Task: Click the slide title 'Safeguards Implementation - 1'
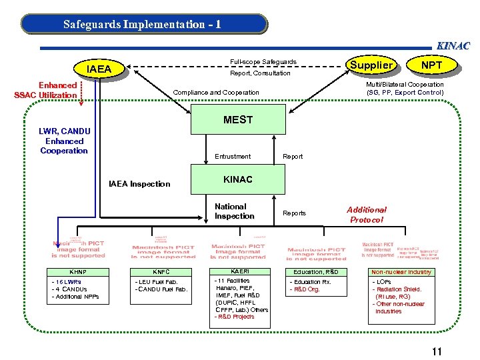coord(143,25)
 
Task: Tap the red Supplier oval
coord(371,65)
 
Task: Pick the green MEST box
coord(238,120)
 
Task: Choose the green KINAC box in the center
coord(238,180)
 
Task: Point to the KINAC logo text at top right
coord(453,46)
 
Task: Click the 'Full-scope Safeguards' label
coord(263,62)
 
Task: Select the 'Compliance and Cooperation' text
coord(216,92)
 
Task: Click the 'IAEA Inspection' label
coord(140,184)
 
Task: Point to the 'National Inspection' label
coord(234,211)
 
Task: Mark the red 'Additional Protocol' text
coord(366,215)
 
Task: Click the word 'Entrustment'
coord(233,157)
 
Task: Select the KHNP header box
coord(78,272)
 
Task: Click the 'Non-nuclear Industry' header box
coord(401,272)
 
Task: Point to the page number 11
coord(437,352)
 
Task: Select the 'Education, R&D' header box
coord(316,272)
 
